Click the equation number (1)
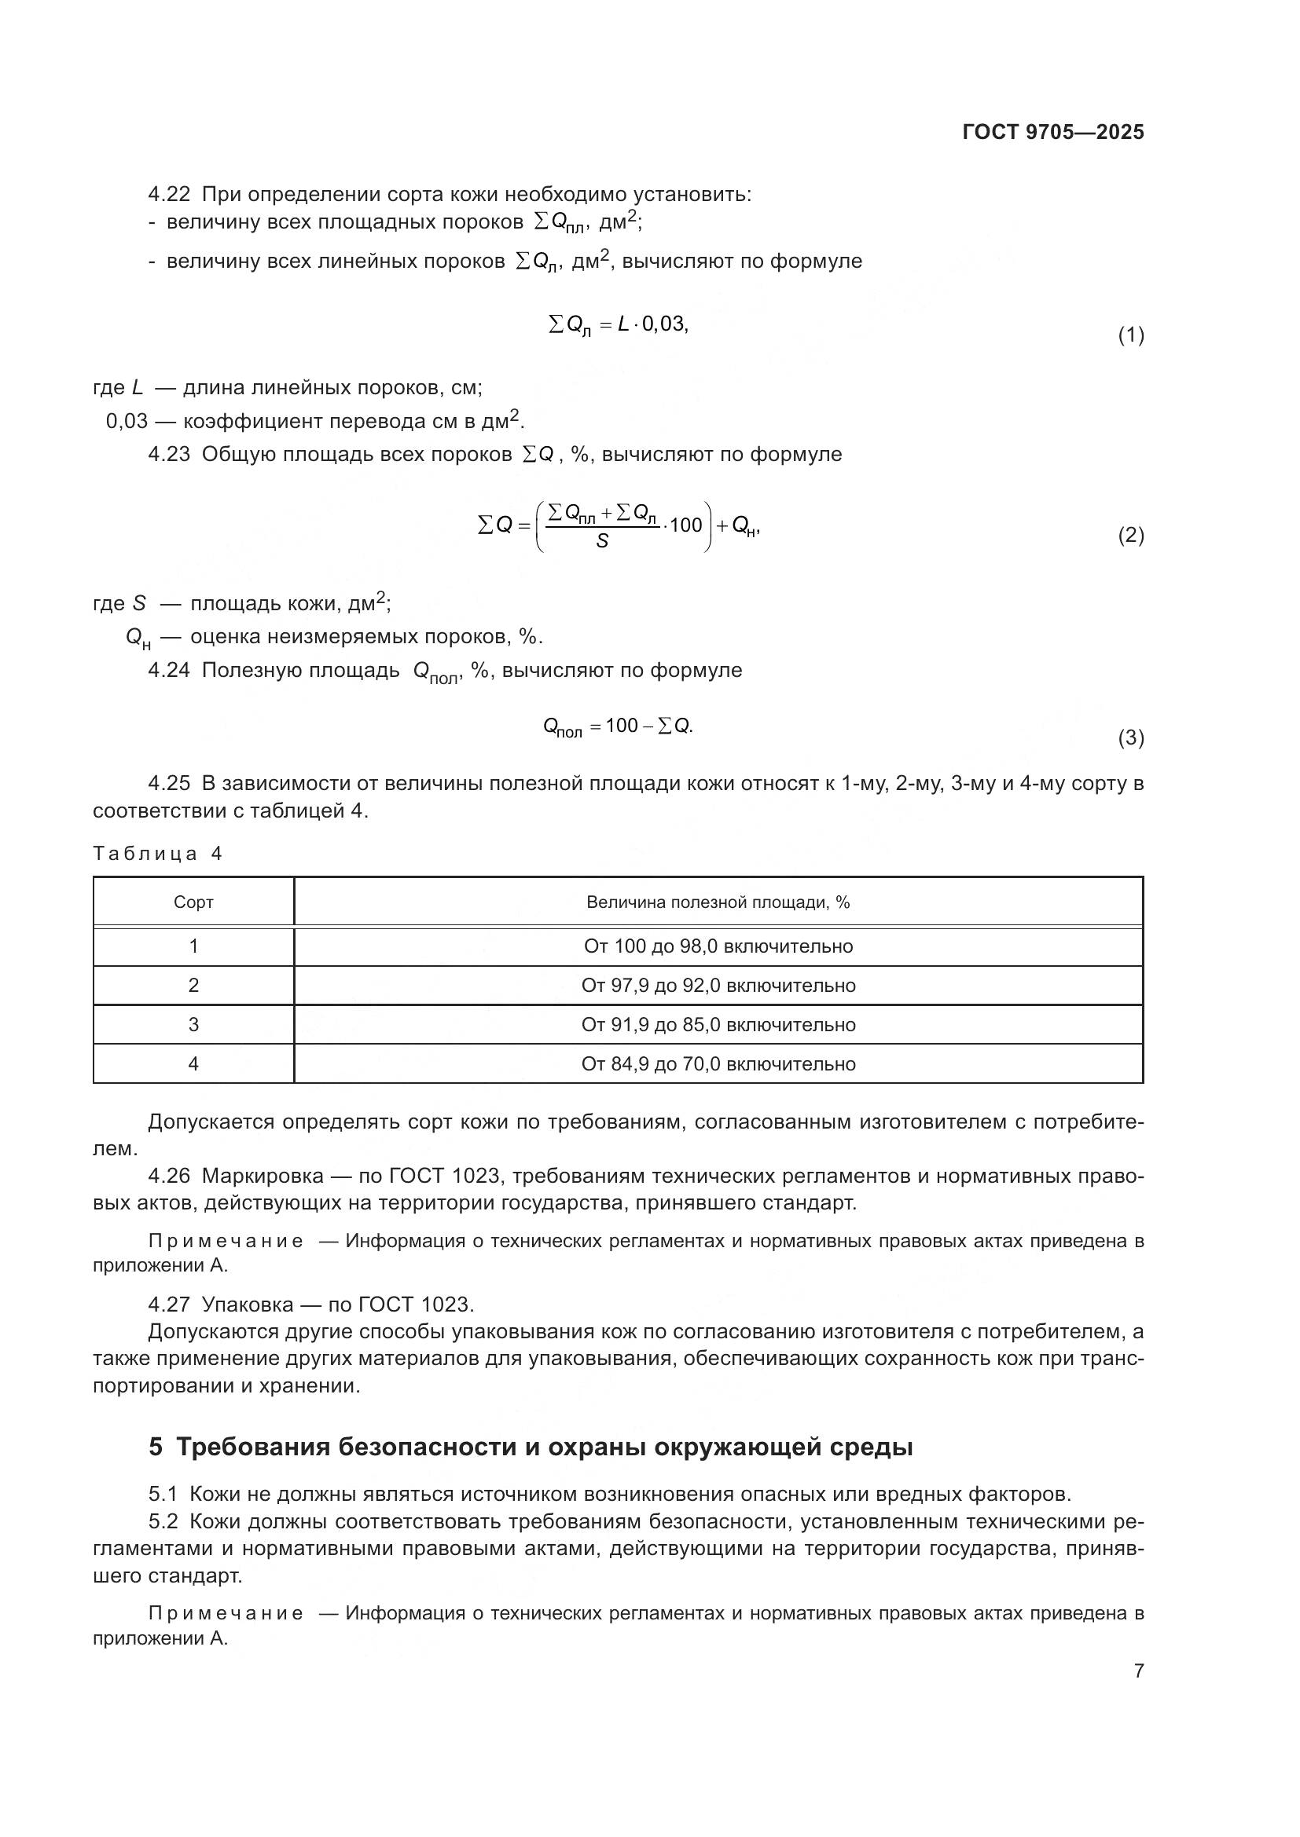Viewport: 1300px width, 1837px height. pos(1130,335)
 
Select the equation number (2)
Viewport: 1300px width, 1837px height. pos(1130,536)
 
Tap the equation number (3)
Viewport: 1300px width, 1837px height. pos(1130,737)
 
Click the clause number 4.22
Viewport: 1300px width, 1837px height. pos(169,195)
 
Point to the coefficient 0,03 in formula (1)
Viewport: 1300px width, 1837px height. pos(663,324)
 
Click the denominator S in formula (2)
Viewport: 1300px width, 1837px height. pos(602,542)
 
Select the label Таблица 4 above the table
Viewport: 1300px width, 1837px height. pos(158,854)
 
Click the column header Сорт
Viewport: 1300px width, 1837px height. pos(193,902)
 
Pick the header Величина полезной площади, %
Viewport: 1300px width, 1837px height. pos(718,902)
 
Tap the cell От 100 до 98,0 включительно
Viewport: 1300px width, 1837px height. pos(718,946)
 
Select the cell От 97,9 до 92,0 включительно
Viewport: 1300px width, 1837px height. pos(718,986)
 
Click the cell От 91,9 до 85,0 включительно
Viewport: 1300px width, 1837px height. pos(718,1025)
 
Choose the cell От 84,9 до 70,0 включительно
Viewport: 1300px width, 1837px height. pos(718,1064)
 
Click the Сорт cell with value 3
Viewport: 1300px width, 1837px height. pos(193,1025)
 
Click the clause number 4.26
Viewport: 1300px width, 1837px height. pos(169,1176)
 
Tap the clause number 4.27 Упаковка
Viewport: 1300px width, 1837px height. pos(169,1305)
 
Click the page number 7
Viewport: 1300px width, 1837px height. pos(1138,1671)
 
